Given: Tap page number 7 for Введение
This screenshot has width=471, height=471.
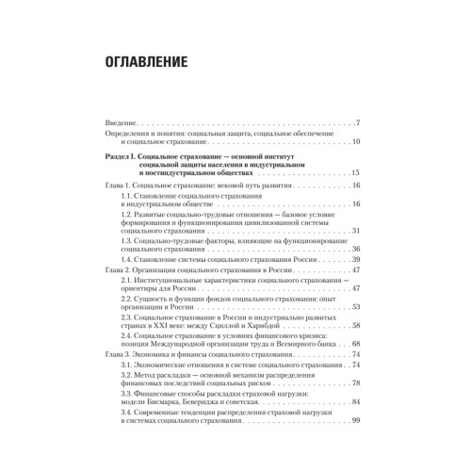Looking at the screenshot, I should click(359, 123).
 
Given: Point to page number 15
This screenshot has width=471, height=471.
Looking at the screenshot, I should click(356, 175).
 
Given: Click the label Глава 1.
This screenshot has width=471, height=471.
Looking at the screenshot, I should click(122, 188).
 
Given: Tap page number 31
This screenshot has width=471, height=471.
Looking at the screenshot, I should click(356, 231).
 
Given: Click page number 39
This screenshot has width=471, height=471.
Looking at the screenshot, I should click(356, 259).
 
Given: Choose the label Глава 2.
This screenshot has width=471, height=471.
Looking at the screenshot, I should click(122, 269).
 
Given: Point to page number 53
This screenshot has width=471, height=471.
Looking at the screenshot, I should click(356, 307).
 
